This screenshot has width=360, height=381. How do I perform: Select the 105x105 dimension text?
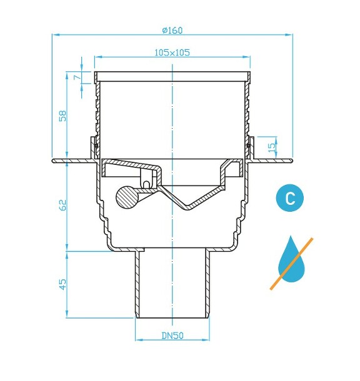[x=172, y=53]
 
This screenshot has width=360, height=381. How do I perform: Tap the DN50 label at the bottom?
[x=171, y=335]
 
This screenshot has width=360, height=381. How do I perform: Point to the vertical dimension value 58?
[x=62, y=116]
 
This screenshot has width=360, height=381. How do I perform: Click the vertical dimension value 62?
[x=62, y=205]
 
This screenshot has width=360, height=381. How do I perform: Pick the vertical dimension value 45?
[x=62, y=284]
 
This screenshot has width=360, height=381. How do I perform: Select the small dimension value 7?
[x=76, y=77]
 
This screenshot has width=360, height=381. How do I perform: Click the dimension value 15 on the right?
[x=270, y=147]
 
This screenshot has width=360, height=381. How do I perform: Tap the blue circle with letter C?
[x=289, y=199]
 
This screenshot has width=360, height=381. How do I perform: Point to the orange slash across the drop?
[x=292, y=263]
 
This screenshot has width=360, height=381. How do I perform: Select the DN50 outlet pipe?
[x=171, y=284]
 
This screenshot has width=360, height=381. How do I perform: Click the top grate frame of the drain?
[x=172, y=76]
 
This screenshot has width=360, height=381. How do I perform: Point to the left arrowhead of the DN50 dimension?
[x=139, y=340]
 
